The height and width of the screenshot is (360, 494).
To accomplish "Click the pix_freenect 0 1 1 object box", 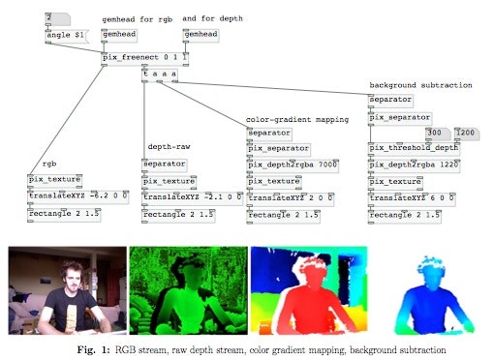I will (x=143, y=57).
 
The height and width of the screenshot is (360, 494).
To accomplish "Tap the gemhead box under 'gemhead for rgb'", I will (x=119, y=35).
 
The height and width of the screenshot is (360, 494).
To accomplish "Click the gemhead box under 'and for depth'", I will (x=201, y=35).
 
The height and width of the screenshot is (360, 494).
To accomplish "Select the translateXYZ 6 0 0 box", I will (x=405, y=196).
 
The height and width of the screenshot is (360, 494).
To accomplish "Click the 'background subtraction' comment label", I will (x=419, y=85).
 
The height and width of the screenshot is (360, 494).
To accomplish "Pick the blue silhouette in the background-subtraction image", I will (x=425, y=300).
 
